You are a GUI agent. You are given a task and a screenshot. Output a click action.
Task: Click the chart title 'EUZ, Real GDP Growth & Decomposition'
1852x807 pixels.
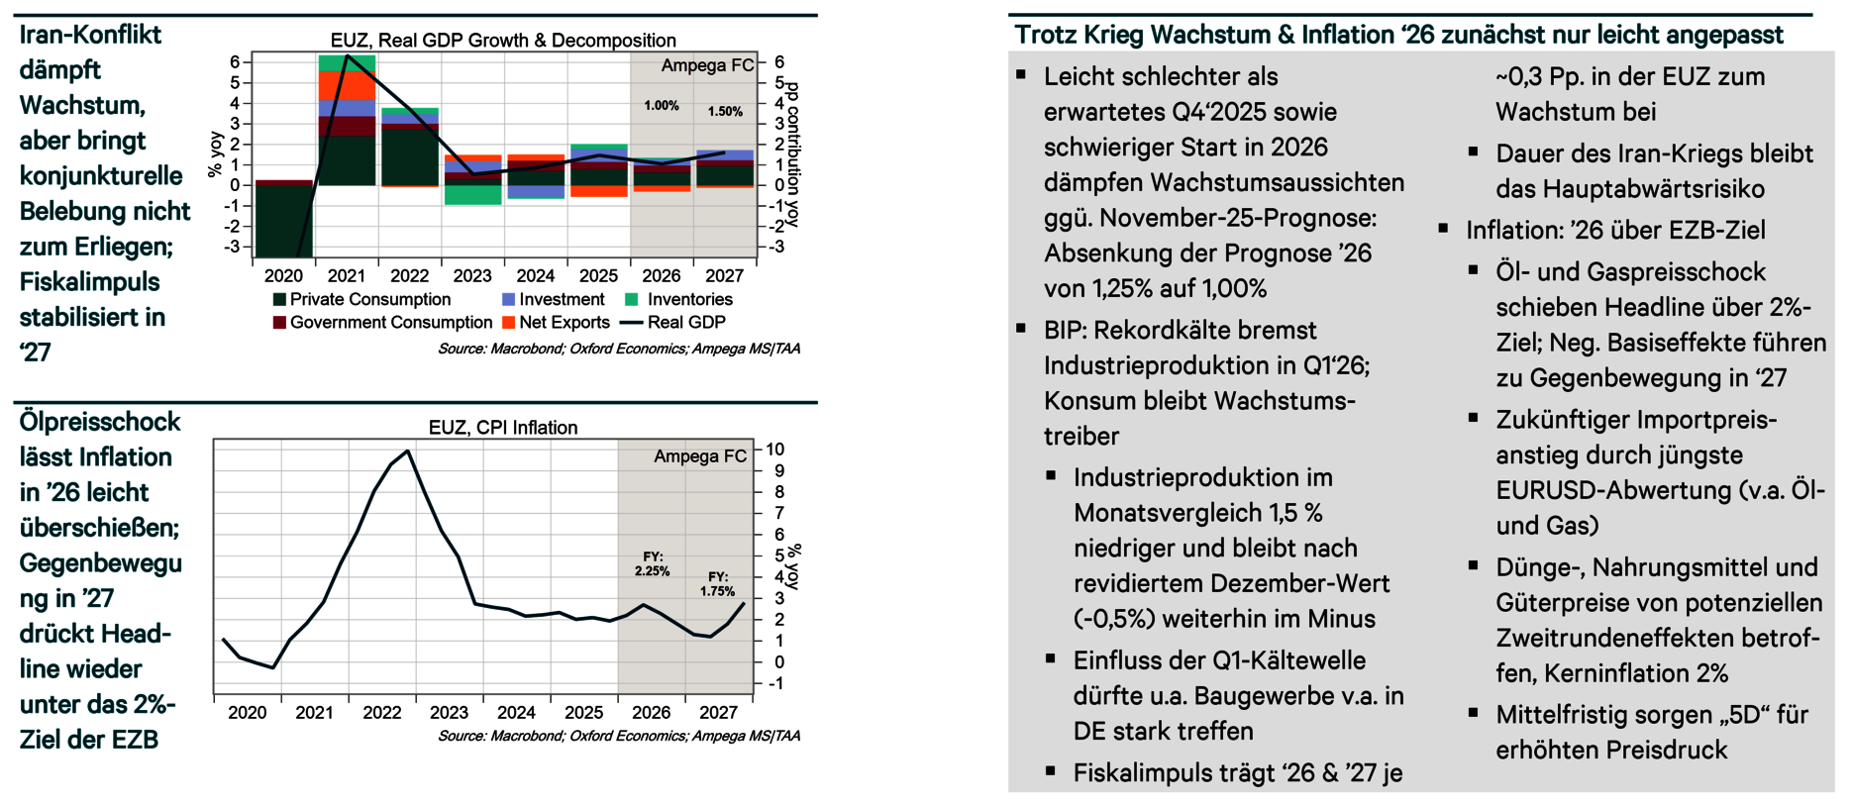point(503,41)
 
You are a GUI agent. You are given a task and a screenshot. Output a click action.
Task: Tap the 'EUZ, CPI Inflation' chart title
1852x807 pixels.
point(503,428)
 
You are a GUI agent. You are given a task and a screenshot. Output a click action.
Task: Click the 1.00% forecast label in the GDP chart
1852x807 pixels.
point(662,106)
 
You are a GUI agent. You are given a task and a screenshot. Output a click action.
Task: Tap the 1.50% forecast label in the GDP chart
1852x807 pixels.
point(725,112)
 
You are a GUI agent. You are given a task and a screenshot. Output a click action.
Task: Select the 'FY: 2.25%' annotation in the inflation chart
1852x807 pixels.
point(652,564)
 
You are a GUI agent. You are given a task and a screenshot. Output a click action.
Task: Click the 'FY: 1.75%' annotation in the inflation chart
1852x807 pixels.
point(718,584)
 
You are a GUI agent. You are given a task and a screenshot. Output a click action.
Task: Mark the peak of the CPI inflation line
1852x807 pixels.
point(407,452)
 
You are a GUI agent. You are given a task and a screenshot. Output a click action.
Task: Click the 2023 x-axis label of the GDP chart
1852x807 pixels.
point(472,276)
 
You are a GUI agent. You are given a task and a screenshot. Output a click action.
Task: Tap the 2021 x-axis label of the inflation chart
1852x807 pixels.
point(314,713)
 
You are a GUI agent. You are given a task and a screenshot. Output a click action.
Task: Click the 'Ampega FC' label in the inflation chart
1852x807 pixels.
point(700,456)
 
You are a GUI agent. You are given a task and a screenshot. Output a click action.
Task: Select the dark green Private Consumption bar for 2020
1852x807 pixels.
point(284,220)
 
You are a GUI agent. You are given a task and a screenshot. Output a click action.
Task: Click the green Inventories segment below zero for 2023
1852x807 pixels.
point(472,194)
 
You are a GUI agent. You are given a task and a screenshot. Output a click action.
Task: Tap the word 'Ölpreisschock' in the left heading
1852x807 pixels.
point(100,423)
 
